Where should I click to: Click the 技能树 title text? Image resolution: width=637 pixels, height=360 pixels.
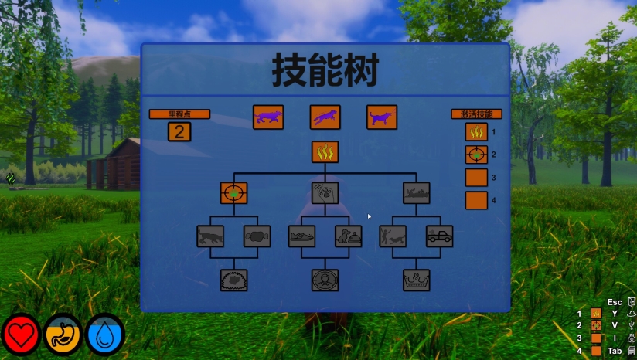click(325, 72)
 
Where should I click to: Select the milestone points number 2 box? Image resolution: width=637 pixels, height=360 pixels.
click(179, 131)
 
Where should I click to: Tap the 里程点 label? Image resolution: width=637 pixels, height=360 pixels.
click(179, 114)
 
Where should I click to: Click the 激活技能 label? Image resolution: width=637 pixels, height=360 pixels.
click(476, 114)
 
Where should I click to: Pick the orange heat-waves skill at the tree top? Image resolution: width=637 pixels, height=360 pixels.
click(325, 152)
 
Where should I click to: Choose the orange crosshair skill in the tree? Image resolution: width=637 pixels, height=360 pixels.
click(233, 192)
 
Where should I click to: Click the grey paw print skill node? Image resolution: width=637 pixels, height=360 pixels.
click(325, 192)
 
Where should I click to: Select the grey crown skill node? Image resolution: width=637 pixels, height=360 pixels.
click(416, 280)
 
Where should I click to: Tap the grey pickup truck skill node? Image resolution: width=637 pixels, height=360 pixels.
click(439, 236)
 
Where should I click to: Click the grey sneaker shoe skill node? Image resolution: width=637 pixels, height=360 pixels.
click(301, 236)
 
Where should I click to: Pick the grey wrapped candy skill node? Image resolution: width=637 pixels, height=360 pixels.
click(257, 236)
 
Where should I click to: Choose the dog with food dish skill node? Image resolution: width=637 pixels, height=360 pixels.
click(348, 236)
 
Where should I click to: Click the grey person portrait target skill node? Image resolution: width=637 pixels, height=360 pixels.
click(325, 280)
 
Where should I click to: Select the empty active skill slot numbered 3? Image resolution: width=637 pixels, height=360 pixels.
click(476, 177)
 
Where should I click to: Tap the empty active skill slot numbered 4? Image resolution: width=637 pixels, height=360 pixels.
click(476, 200)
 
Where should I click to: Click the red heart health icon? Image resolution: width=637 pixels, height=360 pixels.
click(21, 335)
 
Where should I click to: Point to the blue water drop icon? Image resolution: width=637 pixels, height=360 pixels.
click(105, 335)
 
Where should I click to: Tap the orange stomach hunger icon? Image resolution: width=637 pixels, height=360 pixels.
click(63, 335)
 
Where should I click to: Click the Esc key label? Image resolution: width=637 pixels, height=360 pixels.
click(615, 302)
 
